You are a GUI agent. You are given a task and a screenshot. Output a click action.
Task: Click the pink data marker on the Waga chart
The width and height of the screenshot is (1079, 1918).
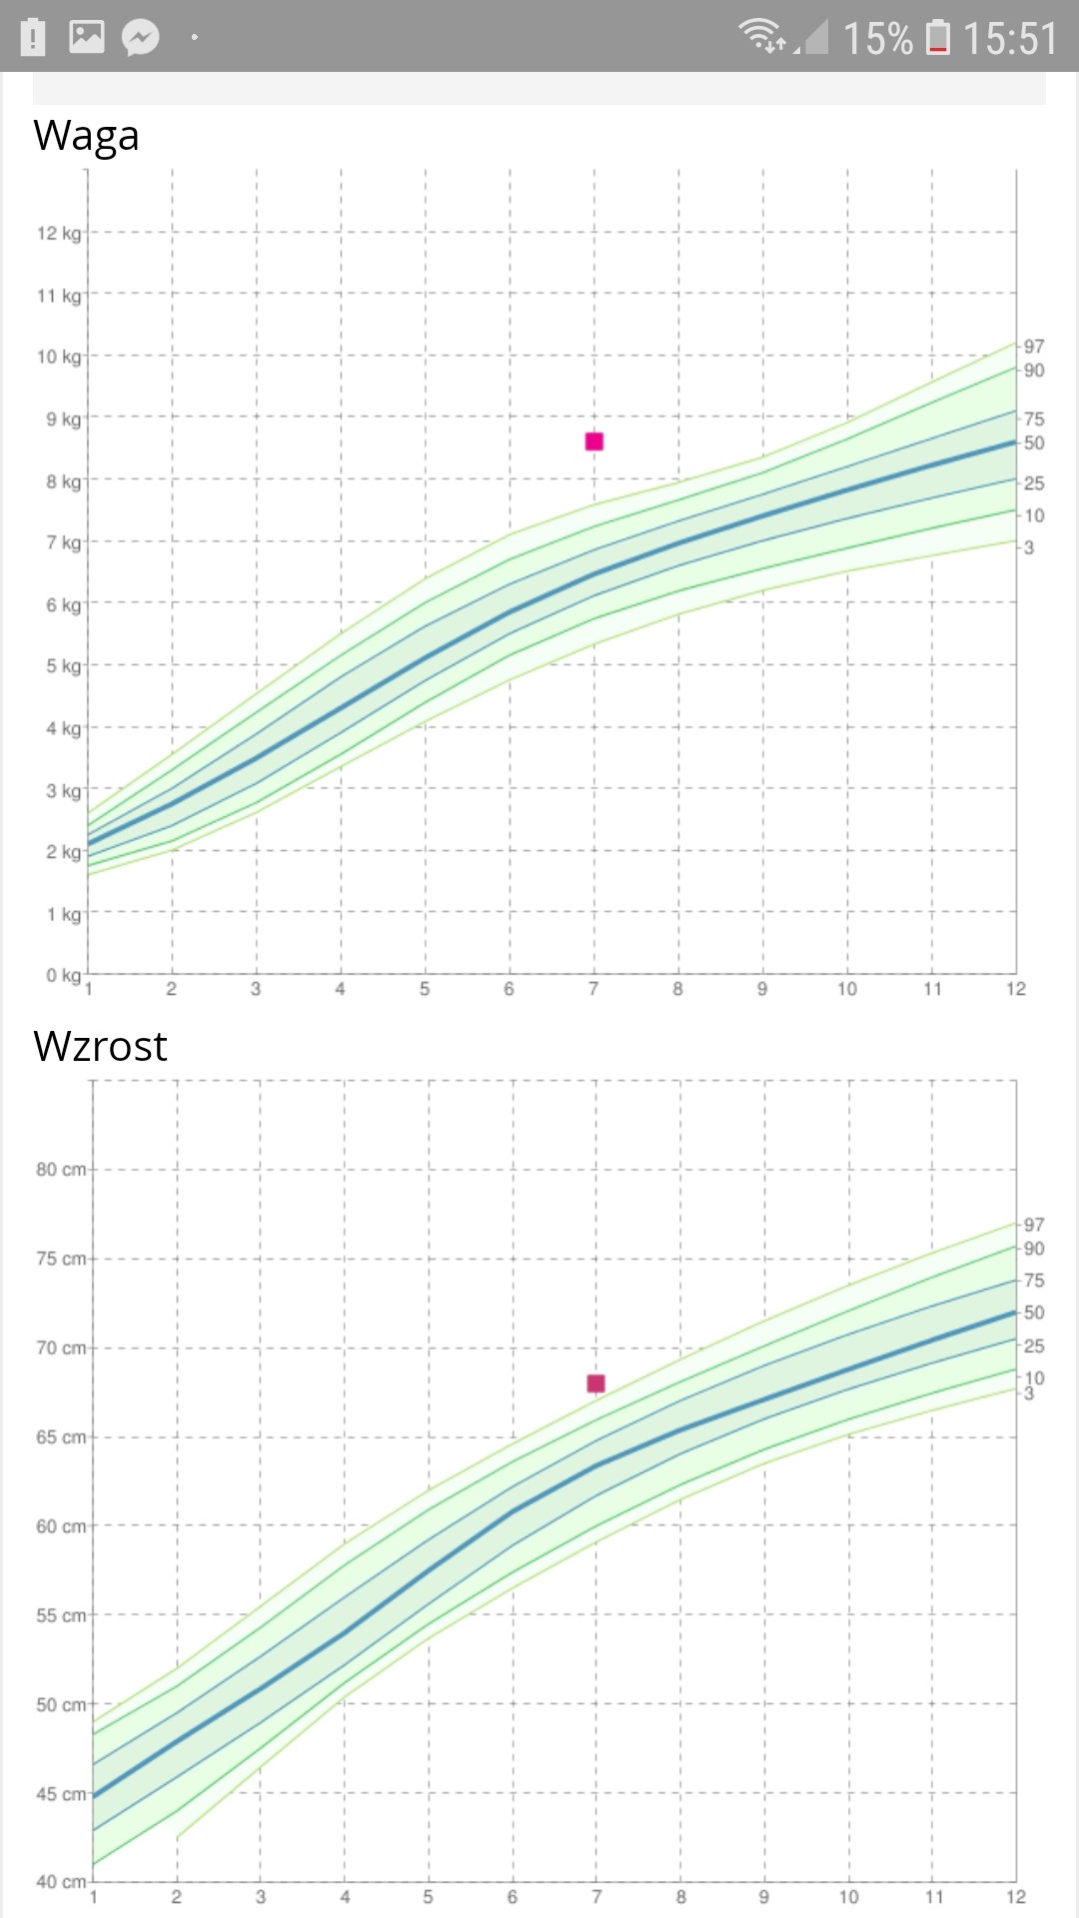594,442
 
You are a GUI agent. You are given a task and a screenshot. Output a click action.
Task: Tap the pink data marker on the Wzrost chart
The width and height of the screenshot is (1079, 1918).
596,1384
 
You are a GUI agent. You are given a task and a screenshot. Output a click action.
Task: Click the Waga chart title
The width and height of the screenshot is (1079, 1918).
86,136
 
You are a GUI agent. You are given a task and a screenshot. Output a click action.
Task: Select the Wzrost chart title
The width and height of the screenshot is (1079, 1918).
100,1047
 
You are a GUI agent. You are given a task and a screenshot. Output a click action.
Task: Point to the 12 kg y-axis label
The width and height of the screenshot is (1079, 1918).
59,234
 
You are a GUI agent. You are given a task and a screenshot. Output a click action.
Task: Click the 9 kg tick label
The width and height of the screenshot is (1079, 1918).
63,420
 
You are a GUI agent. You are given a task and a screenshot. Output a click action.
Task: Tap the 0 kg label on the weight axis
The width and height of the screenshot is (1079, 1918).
63,975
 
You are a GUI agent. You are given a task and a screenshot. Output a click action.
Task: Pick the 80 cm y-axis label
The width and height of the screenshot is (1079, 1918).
61,1170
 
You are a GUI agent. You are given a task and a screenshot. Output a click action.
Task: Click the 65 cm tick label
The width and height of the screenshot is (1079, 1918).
61,1438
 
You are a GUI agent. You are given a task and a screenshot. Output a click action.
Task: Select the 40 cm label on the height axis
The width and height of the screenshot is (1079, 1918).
61,1882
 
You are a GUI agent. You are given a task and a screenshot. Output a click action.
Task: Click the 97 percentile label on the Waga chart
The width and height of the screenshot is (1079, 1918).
1034,347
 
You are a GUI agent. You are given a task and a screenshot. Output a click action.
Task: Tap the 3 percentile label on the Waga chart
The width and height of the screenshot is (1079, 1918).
1029,547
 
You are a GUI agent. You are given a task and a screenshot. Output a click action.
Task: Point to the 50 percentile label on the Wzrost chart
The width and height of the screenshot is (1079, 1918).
1034,1313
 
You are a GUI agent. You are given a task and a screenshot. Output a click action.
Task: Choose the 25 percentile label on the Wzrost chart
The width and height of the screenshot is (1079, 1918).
1034,1347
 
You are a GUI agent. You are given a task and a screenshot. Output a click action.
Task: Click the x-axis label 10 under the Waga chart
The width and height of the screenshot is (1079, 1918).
847,989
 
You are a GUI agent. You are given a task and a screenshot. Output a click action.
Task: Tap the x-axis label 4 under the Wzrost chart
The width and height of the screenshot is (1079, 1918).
345,1897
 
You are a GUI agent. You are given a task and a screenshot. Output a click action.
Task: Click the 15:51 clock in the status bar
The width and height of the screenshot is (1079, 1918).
1010,39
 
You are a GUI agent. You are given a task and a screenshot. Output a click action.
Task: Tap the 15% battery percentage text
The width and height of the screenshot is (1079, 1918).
877,39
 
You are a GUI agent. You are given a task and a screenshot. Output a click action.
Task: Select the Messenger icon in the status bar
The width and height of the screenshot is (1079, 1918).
141,38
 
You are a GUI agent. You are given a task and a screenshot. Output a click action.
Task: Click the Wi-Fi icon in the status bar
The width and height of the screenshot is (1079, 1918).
761,35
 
